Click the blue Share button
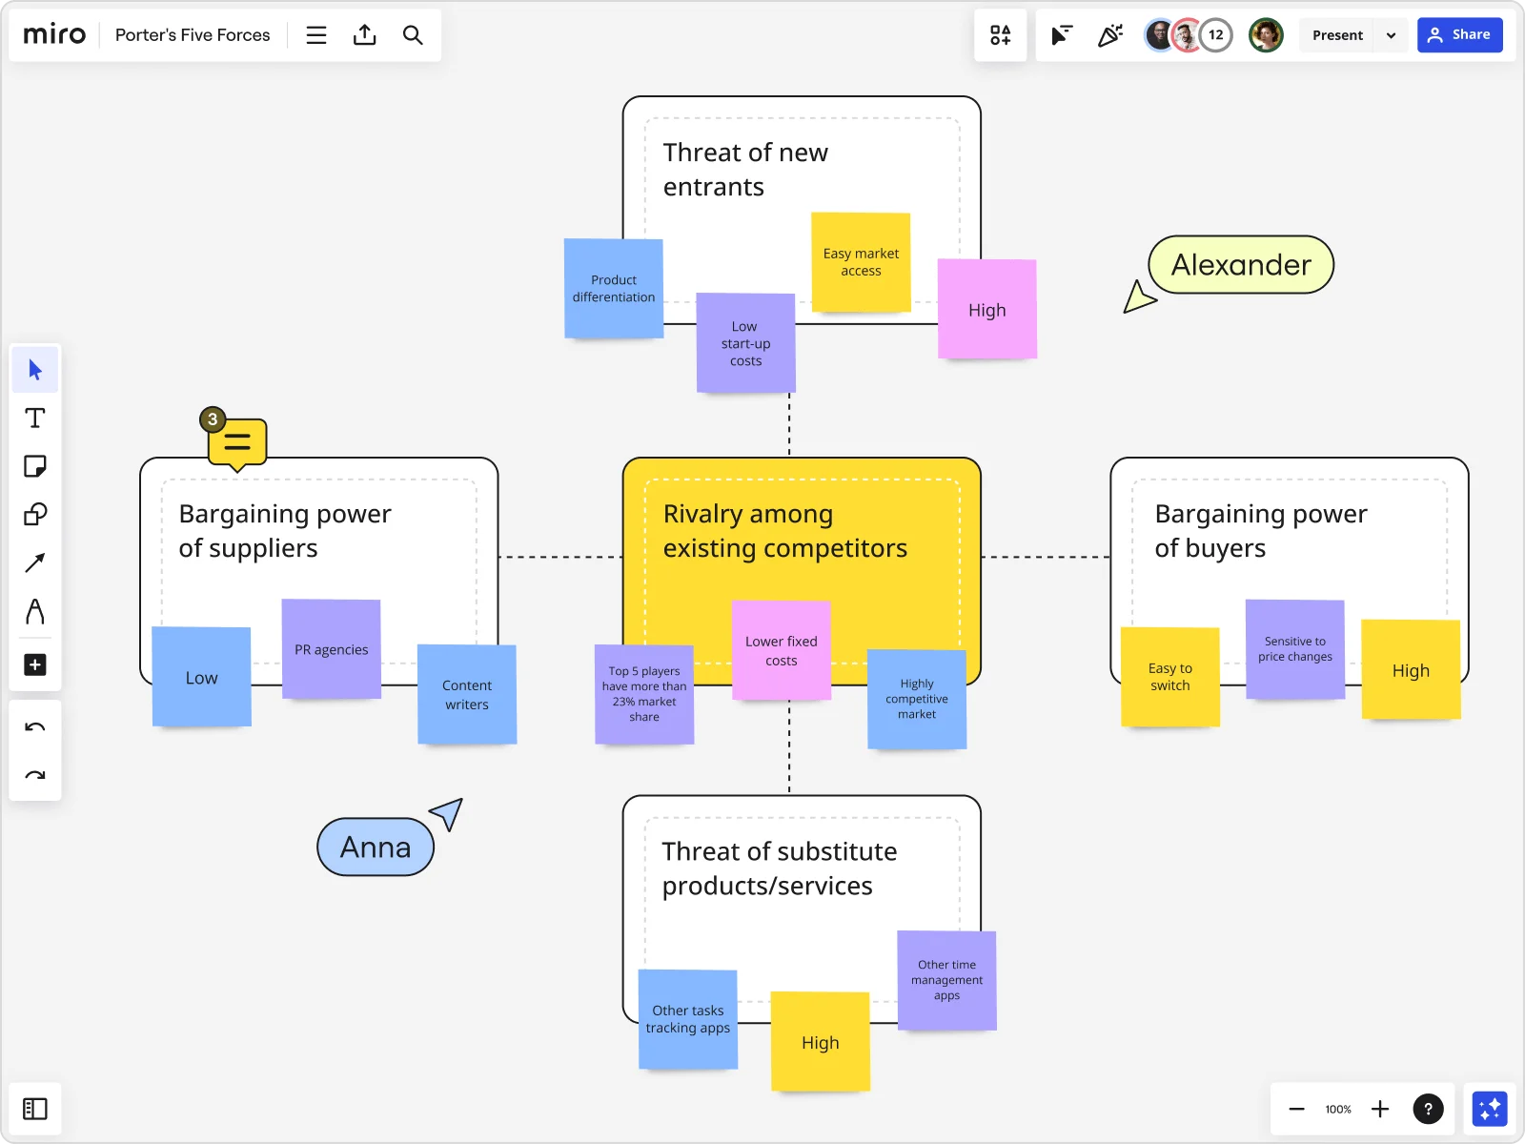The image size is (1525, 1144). click(1459, 35)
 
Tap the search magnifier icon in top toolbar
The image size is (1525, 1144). click(413, 35)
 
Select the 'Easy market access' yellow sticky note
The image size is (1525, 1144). click(861, 262)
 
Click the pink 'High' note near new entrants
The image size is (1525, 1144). click(987, 309)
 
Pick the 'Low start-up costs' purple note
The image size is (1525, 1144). click(745, 343)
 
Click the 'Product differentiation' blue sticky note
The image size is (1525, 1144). click(613, 288)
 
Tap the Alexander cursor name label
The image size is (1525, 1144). click(1240, 265)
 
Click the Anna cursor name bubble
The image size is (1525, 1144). click(376, 847)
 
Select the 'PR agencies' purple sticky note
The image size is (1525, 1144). click(331, 649)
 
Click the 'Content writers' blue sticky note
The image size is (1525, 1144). click(467, 694)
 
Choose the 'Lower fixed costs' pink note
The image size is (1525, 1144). click(781, 650)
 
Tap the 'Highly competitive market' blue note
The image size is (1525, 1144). click(916, 699)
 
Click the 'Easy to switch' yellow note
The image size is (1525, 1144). click(1169, 677)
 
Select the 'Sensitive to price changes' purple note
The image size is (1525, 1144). click(1294, 649)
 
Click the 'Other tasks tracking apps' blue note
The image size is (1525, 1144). click(687, 1019)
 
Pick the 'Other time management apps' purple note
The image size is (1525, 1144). click(946, 980)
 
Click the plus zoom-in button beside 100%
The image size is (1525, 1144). click(1379, 1109)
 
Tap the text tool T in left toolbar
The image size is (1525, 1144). click(35, 419)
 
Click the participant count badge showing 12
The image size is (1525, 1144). click(1215, 35)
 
